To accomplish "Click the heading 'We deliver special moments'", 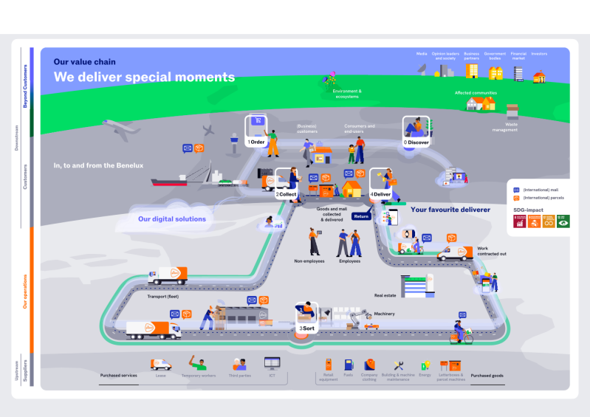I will click(144, 77).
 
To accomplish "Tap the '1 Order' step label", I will click(256, 142).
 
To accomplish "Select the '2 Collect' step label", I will click(287, 195).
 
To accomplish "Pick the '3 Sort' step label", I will click(307, 328).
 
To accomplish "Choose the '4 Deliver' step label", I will click(380, 195).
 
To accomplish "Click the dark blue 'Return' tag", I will click(361, 216).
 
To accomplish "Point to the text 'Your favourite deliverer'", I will click(450, 210).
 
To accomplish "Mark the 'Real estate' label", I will click(385, 295).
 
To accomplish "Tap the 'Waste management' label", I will click(505, 127).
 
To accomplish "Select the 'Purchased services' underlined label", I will click(119, 376).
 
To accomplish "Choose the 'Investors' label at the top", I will click(539, 54).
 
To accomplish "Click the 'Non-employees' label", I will click(309, 261).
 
